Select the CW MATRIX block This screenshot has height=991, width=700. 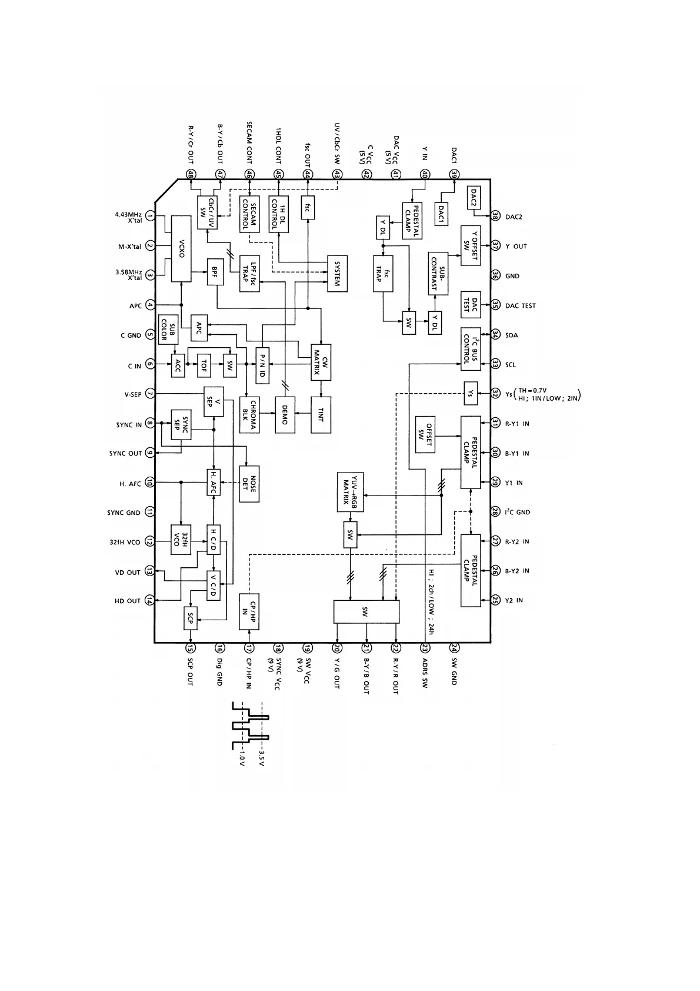(x=321, y=361)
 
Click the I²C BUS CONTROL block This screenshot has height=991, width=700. (x=470, y=349)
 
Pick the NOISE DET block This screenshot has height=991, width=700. (x=249, y=483)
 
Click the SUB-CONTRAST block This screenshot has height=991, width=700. (x=438, y=274)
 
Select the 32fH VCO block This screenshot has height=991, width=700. (x=181, y=539)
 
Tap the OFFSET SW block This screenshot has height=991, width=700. (x=425, y=434)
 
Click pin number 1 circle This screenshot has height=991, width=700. (x=149, y=217)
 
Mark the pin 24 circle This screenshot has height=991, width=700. (x=454, y=648)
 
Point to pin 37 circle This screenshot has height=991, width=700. (x=495, y=246)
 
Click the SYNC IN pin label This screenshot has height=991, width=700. (x=129, y=425)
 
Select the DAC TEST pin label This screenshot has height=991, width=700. (x=520, y=306)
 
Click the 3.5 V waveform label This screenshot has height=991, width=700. (x=262, y=758)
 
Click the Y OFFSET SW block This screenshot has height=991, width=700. (x=470, y=245)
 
